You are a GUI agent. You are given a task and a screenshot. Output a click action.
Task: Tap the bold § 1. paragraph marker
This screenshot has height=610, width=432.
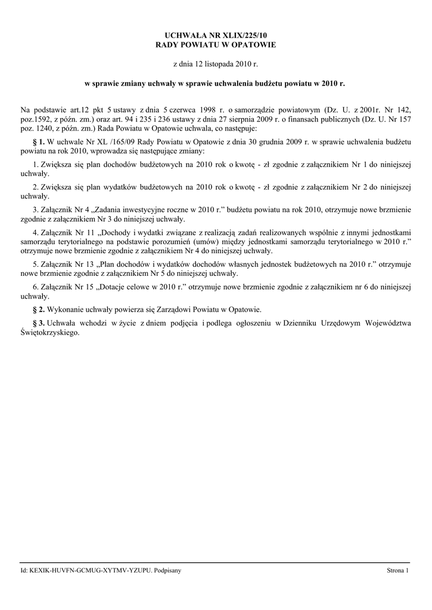coord(37,144)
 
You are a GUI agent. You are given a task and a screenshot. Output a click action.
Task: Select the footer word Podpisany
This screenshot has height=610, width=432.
coord(167,571)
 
